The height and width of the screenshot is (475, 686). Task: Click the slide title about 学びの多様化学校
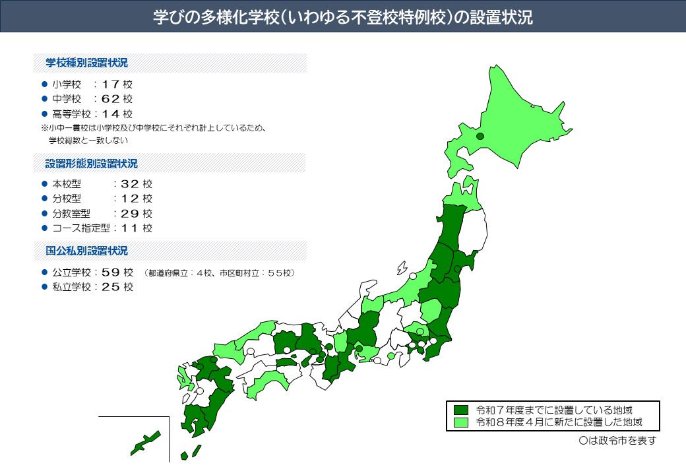click(342, 17)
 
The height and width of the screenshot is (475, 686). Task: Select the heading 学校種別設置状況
click(86, 63)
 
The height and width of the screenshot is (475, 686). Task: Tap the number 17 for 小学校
click(112, 84)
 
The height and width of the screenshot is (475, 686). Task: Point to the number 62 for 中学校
click(112, 99)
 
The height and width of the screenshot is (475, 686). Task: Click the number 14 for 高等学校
click(112, 113)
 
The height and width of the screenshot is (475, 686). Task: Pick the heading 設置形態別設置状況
click(92, 163)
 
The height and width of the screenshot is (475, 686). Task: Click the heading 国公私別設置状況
click(86, 251)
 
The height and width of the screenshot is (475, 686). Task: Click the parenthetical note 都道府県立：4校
click(181, 273)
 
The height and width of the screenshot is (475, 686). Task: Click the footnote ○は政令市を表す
click(617, 441)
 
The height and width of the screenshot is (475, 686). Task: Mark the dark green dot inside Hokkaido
click(480, 136)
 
